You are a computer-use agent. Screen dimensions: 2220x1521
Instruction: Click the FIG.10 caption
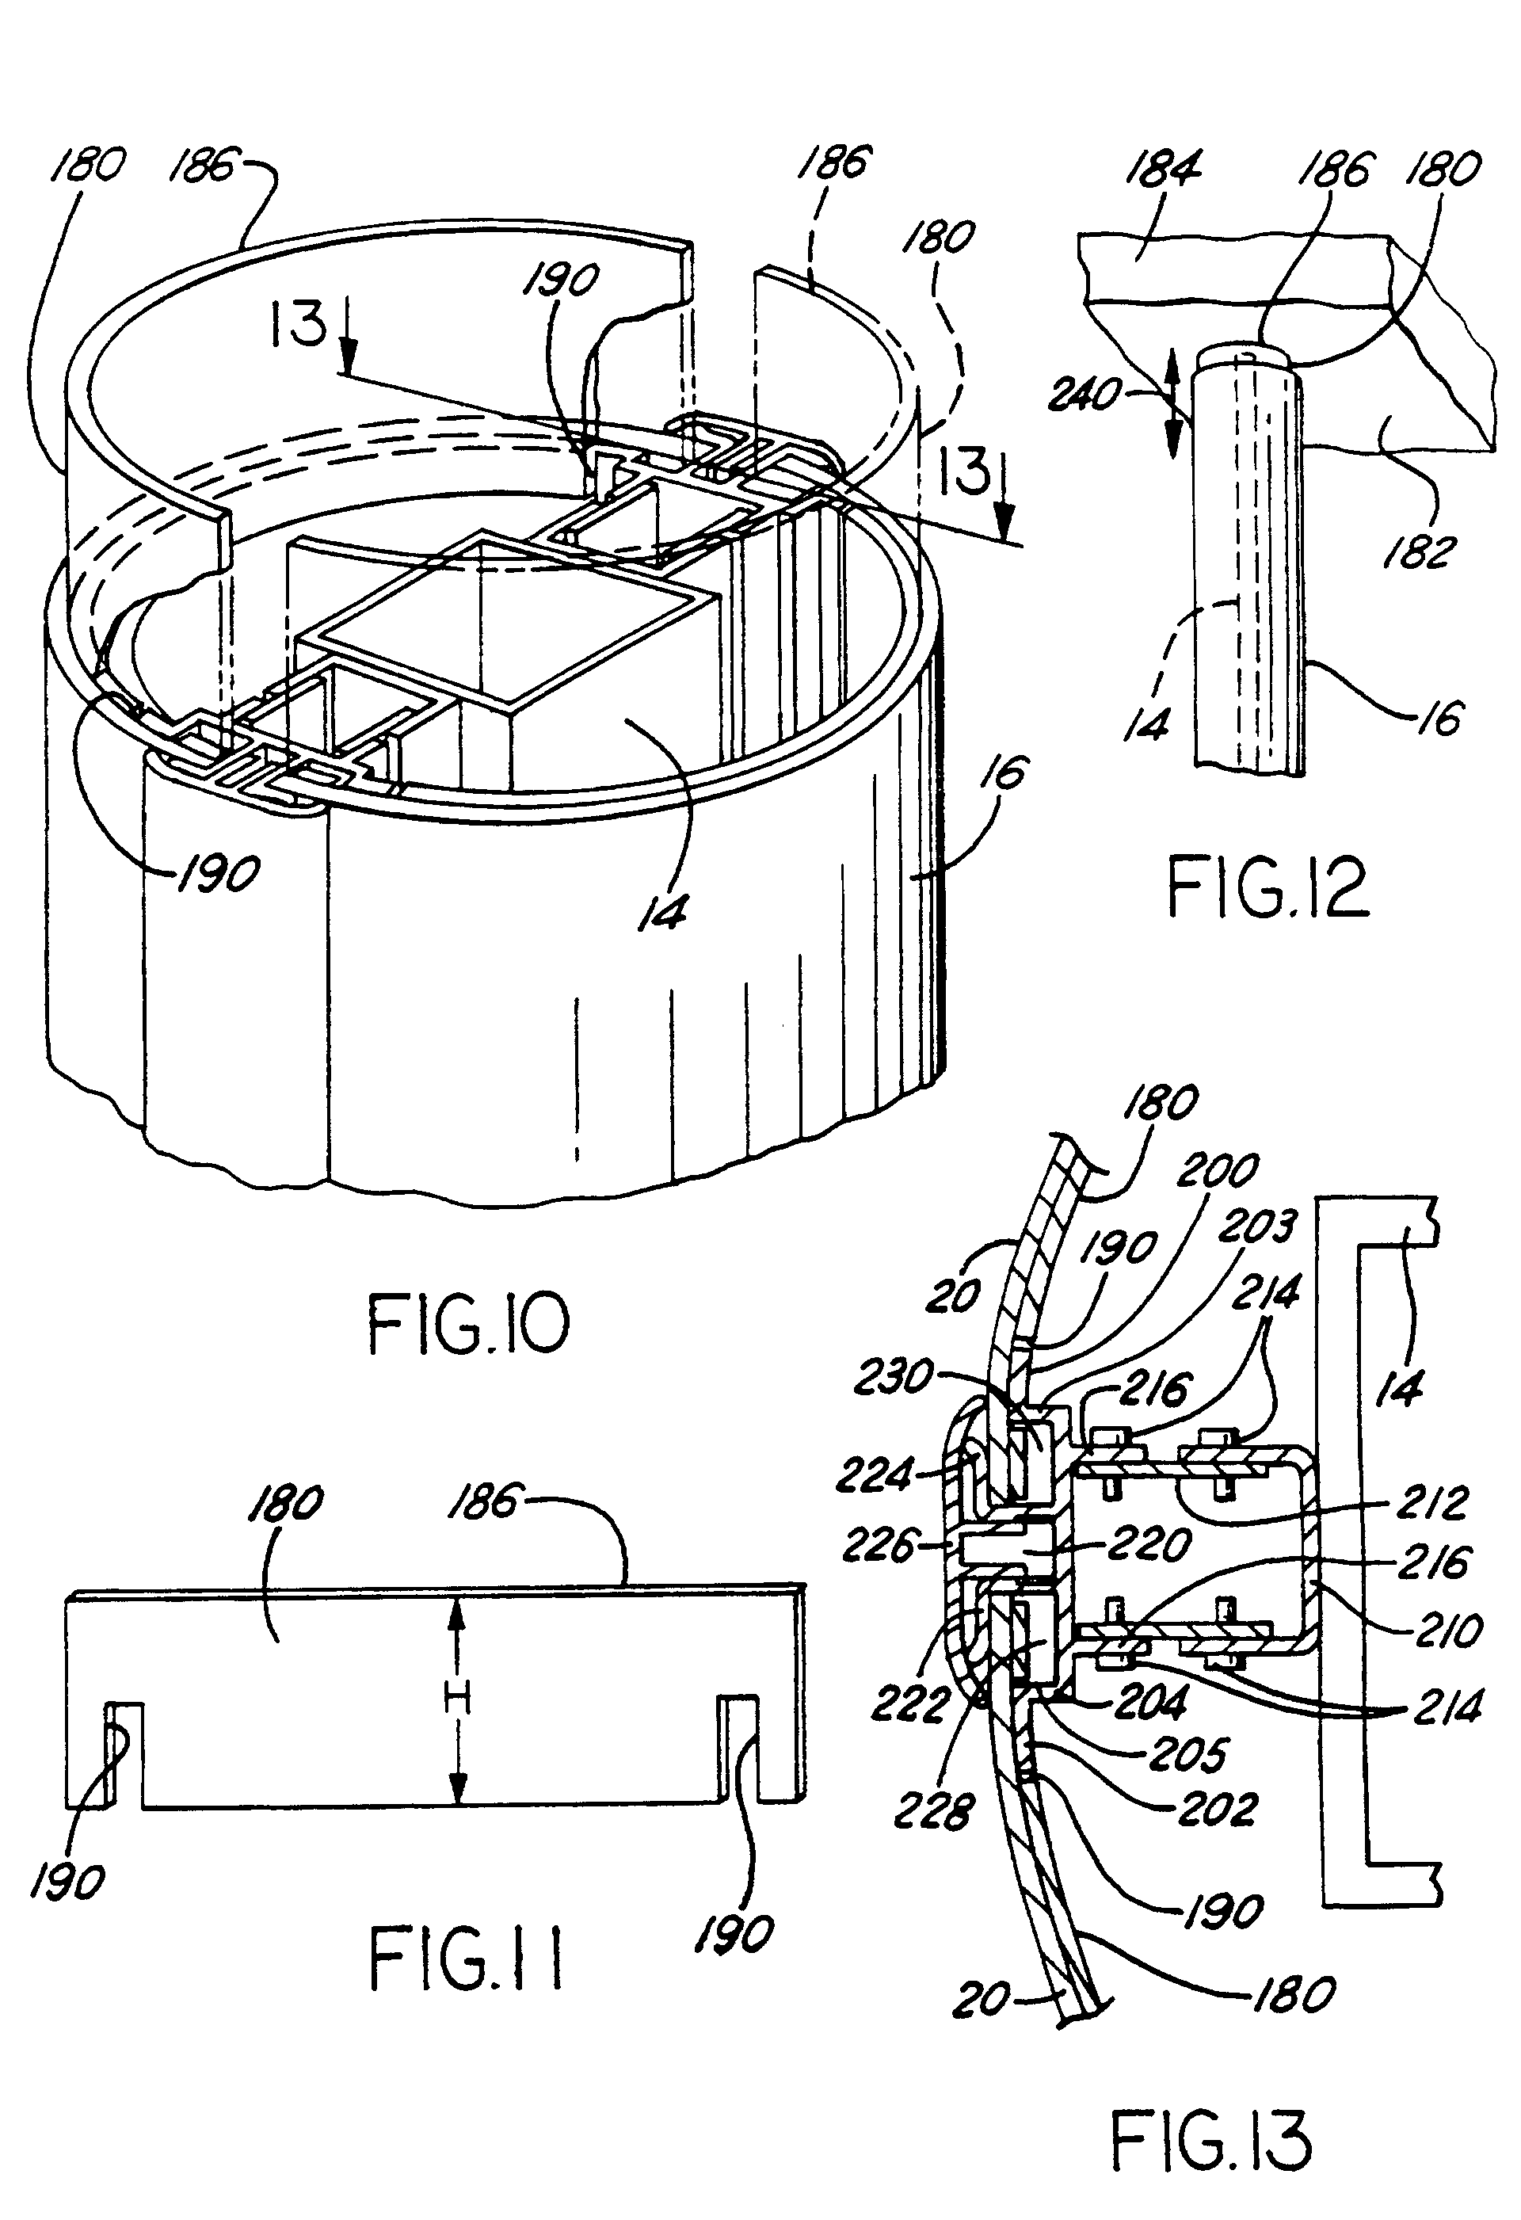click(x=468, y=1325)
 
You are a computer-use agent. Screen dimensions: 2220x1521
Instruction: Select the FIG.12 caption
click(x=1267, y=887)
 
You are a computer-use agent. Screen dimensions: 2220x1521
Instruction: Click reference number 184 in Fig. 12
click(x=1163, y=169)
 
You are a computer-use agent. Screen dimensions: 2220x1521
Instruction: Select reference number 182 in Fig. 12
click(x=1419, y=552)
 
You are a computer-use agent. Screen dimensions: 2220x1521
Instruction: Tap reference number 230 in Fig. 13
click(x=892, y=1376)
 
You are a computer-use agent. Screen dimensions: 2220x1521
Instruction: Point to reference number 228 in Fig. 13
click(x=932, y=1810)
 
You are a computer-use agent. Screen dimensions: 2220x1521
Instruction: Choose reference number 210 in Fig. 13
click(x=1448, y=1629)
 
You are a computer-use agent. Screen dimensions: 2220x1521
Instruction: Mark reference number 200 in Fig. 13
click(x=1217, y=1170)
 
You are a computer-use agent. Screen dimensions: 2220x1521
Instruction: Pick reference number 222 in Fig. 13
click(x=909, y=1703)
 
